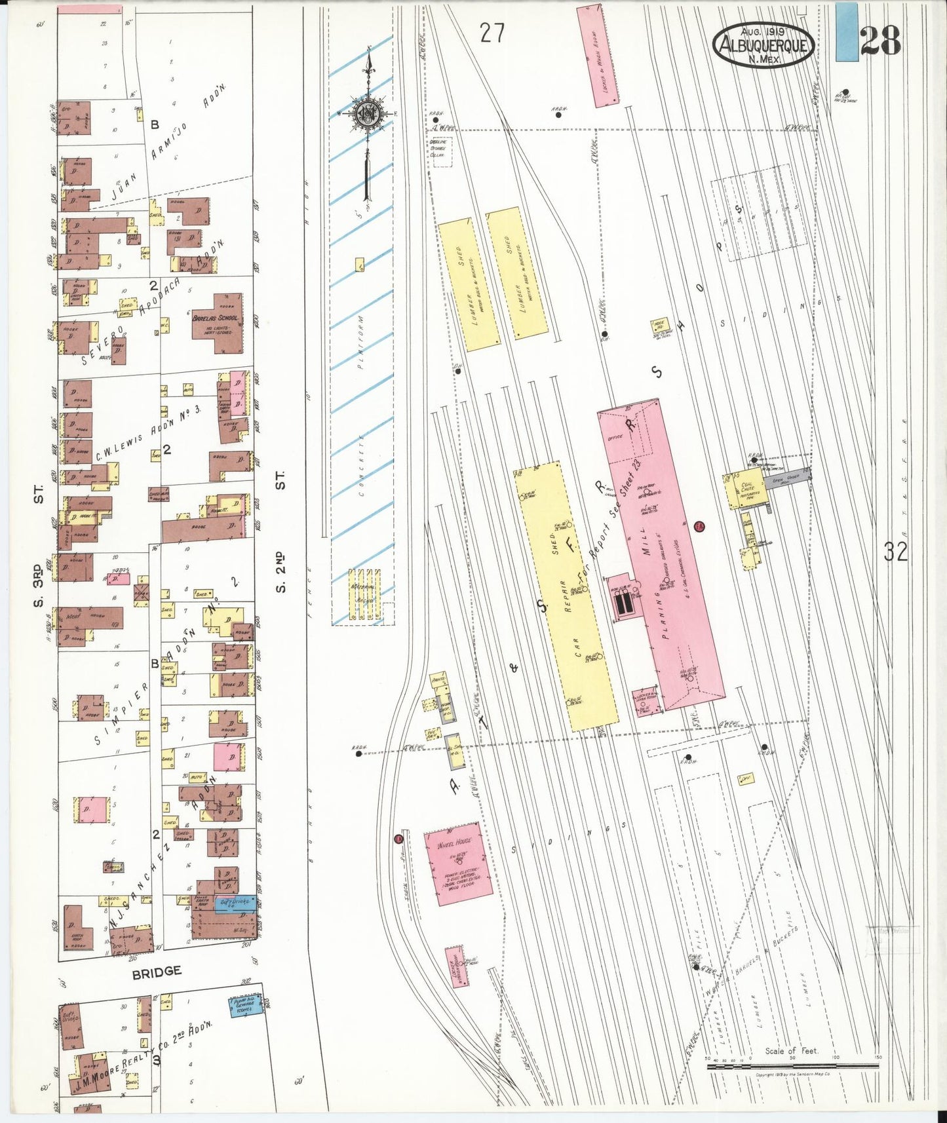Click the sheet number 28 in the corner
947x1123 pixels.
tap(880, 41)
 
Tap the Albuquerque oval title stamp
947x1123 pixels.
tap(763, 45)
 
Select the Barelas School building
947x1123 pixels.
tap(216, 318)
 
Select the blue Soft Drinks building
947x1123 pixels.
tap(235, 904)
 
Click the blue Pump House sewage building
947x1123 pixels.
tap(245, 1006)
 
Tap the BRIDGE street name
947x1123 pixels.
tap(156, 972)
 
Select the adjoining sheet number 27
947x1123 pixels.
tap(492, 33)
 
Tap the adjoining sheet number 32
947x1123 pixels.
tap(895, 552)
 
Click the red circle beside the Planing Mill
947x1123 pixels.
tap(699, 525)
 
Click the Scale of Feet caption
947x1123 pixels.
tap(791, 1050)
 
